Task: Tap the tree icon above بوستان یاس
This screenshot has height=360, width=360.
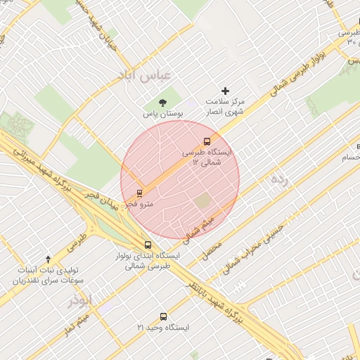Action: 164,102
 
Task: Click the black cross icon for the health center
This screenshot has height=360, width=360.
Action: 226,91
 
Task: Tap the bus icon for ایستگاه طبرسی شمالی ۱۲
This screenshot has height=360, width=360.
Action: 207,141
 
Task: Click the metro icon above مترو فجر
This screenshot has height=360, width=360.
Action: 139,193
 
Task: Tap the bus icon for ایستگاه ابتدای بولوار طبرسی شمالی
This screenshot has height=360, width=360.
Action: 146,245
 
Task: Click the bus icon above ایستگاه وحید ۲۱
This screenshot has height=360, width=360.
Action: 164,316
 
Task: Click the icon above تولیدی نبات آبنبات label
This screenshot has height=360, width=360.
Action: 48,259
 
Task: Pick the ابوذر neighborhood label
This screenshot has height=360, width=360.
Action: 79,301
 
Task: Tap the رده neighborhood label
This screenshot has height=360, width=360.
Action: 279,181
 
